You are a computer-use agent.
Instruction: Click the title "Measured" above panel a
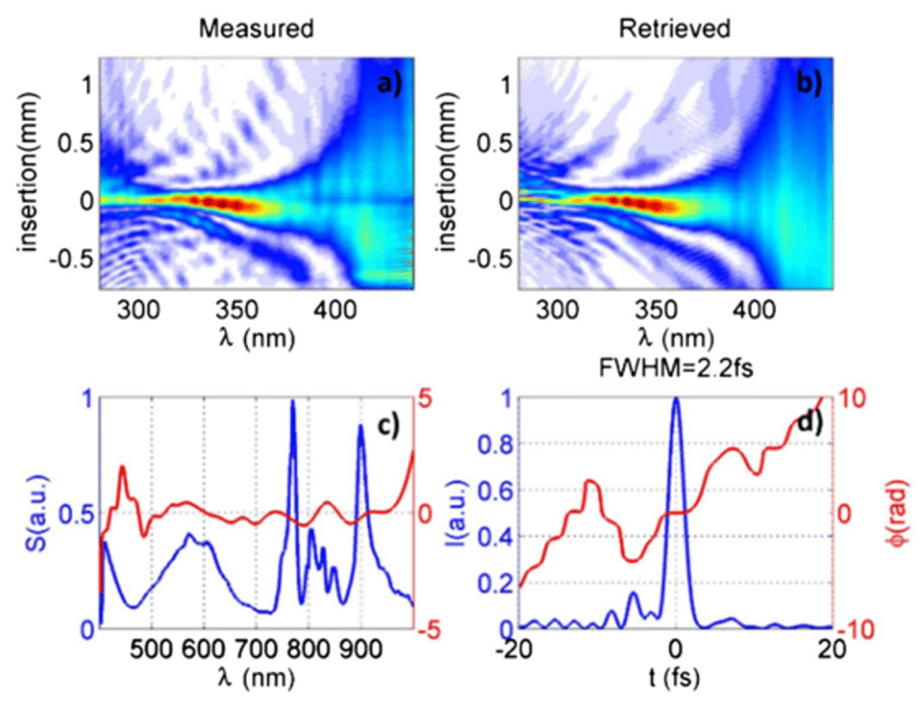pyautogui.click(x=257, y=29)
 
